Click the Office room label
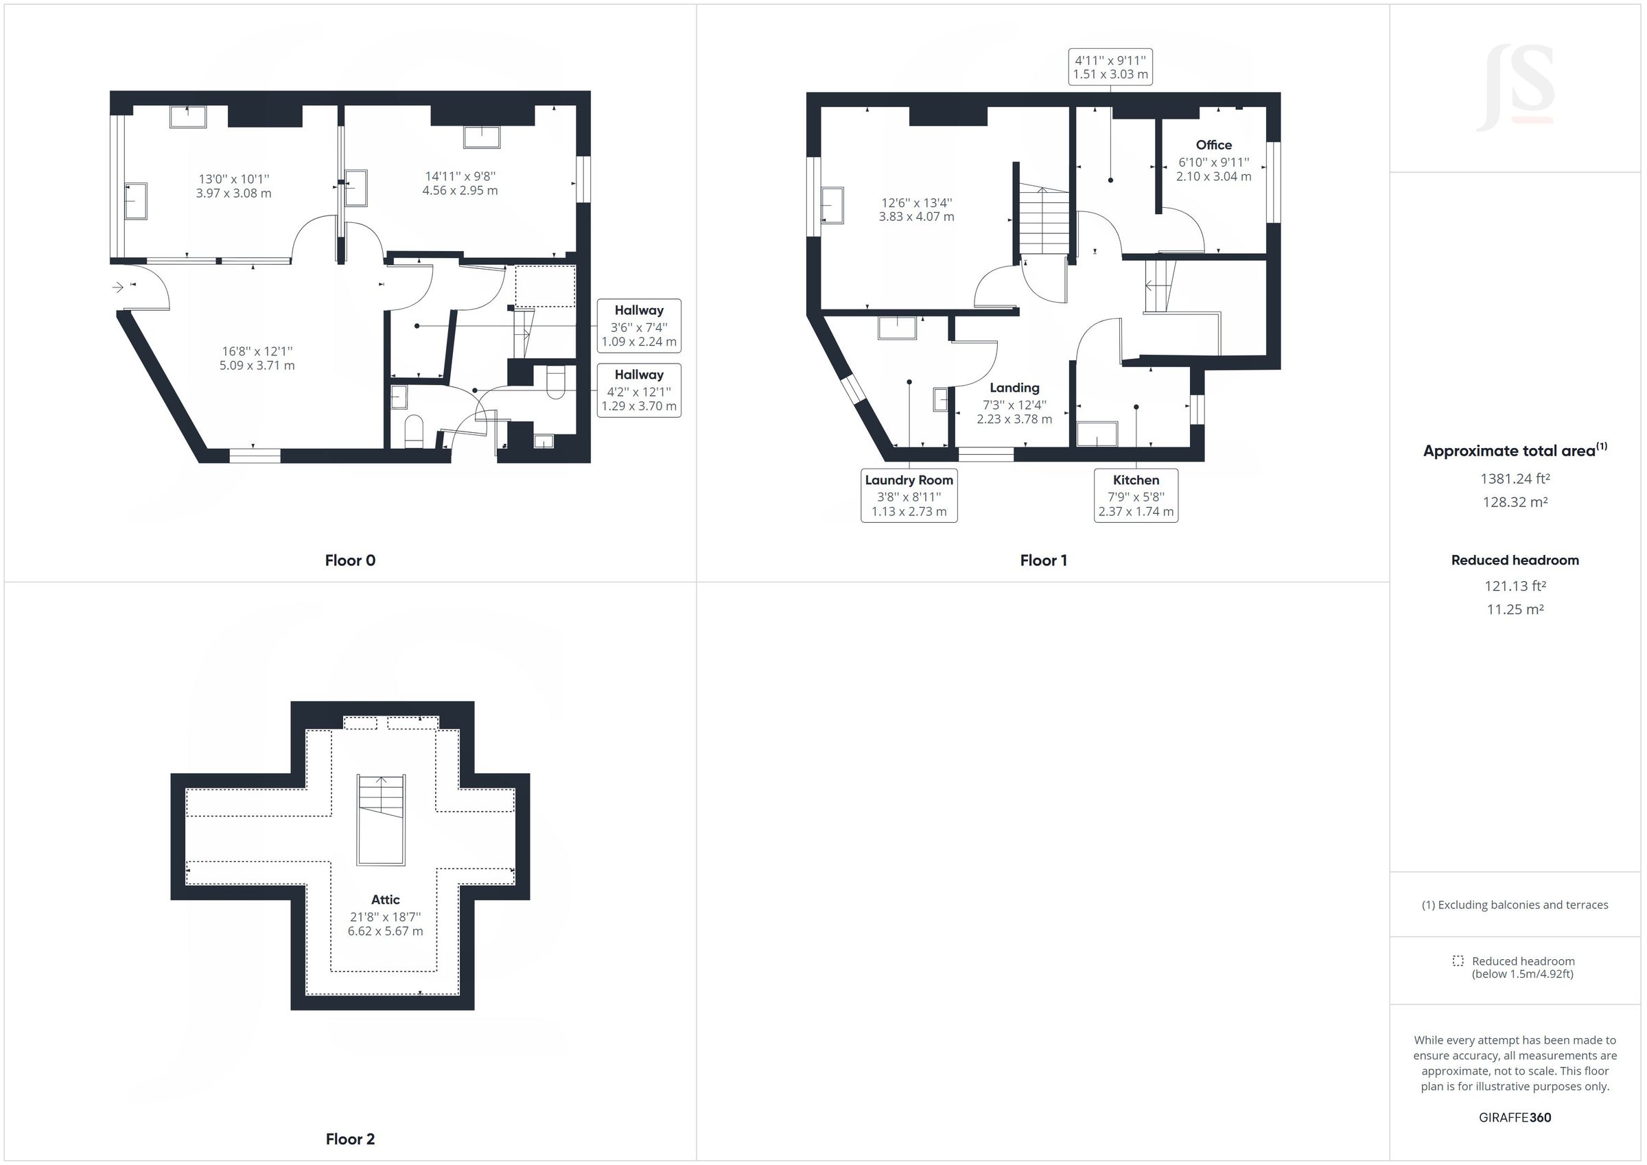(x=1213, y=145)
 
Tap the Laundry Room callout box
(x=908, y=495)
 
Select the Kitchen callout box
(x=1135, y=495)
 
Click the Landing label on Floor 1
(x=1014, y=388)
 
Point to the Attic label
(x=385, y=899)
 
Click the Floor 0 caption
(x=350, y=561)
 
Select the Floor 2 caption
(x=350, y=1138)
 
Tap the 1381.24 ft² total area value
(x=1515, y=478)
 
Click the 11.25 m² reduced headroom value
(x=1515, y=609)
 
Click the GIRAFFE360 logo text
(x=1515, y=1117)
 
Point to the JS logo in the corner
(x=1515, y=88)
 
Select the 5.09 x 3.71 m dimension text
(x=257, y=365)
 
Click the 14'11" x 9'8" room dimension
(x=460, y=176)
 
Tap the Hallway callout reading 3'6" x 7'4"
(x=638, y=326)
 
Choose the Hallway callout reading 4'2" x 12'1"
(x=638, y=390)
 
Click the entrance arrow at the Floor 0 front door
(x=117, y=287)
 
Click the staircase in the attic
(x=381, y=819)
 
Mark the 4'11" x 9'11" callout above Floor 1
(x=1110, y=67)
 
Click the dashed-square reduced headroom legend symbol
(x=1458, y=961)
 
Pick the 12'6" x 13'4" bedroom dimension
(x=916, y=203)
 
